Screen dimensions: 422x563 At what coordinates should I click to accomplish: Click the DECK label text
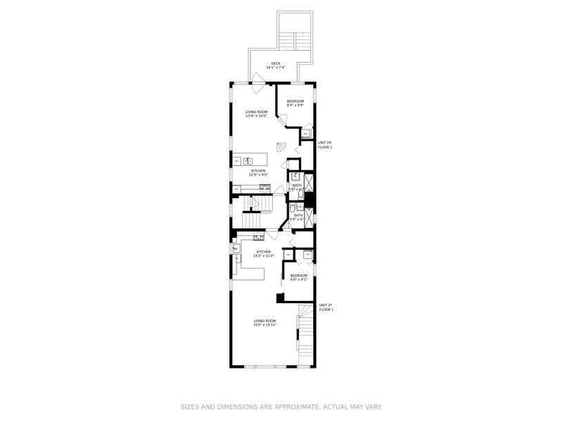click(275, 63)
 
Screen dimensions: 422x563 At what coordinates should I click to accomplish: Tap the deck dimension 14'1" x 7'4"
click(275, 68)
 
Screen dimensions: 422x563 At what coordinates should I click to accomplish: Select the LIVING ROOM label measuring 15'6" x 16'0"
click(256, 112)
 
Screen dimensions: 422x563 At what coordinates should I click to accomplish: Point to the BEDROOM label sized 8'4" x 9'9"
click(296, 101)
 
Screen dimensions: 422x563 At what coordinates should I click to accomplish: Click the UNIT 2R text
click(325, 143)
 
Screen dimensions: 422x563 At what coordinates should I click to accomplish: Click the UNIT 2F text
click(326, 305)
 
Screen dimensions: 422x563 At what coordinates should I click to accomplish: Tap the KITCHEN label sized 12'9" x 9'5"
click(258, 170)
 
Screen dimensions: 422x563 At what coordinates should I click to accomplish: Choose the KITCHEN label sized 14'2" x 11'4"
click(263, 252)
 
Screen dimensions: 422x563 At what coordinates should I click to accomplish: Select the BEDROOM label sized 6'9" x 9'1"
click(299, 275)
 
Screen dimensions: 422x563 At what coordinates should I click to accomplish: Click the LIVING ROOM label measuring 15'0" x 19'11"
click(265, 321)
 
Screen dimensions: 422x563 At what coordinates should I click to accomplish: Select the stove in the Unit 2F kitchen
click(268, 238)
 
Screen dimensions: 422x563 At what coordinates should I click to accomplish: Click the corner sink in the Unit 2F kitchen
click(236, 248)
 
